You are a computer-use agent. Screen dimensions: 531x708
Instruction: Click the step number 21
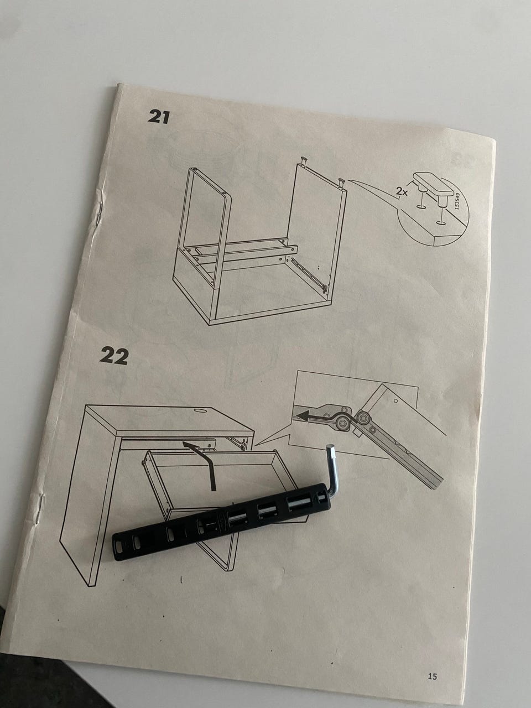click(x=158, y=117)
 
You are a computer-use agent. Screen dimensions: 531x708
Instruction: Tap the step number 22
click(x=114, y=356)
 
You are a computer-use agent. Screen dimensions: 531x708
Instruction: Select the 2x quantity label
click(x=402, y=191)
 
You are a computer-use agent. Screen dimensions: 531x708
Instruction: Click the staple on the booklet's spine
click(x=100, y=213)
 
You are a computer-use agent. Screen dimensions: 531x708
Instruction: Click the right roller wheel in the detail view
click(x=363, y=417)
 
